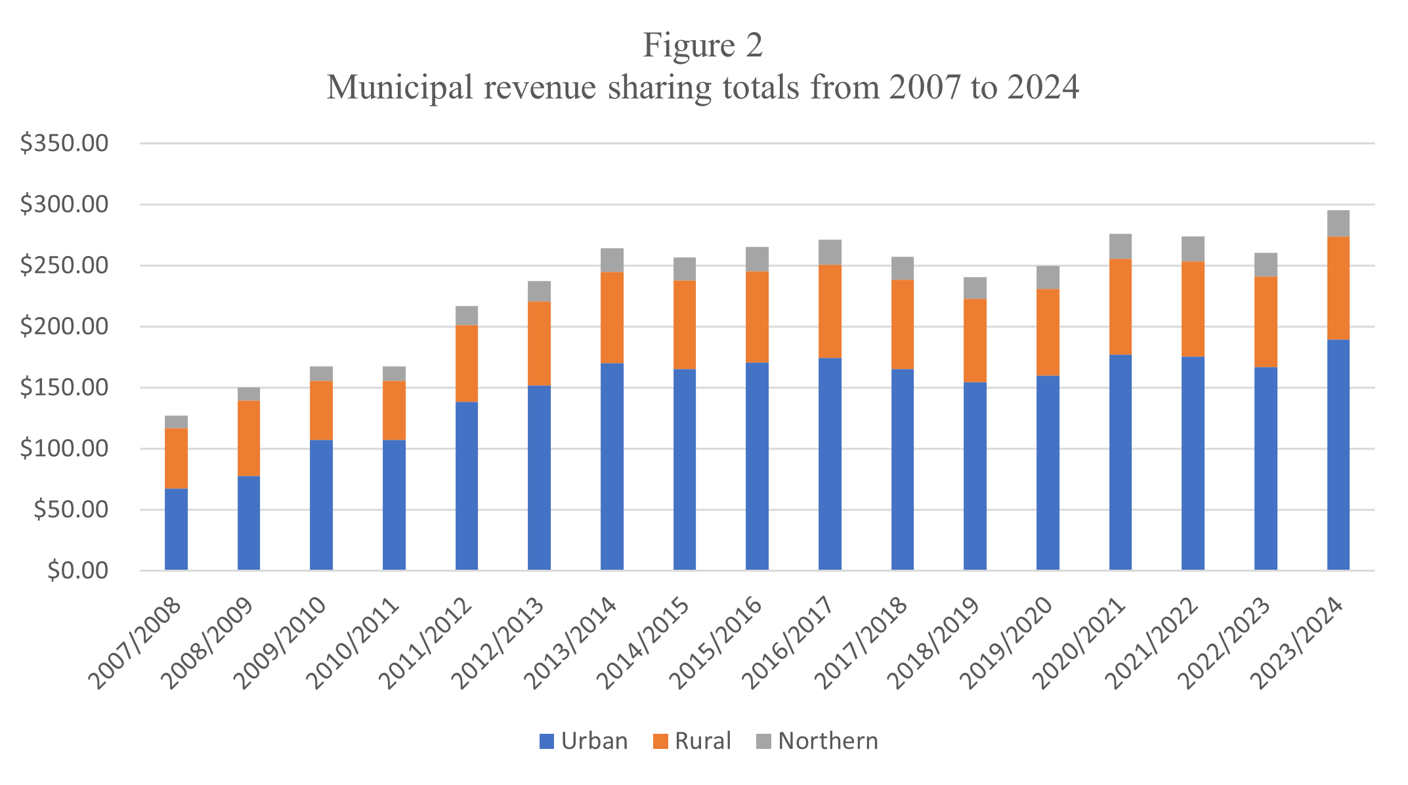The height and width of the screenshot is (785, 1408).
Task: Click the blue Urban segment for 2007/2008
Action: (x=176, y=529)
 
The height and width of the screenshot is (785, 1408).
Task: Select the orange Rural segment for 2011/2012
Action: (x=467, y=364)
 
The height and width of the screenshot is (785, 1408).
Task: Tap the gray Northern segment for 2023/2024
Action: (x=1338, y=224)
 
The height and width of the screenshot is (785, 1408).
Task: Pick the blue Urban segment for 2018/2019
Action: (x=975, y=476)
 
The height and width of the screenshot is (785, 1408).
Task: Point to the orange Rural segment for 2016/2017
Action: (x=830, y=312)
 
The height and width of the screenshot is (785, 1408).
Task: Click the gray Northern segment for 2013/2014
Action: (x=612, y=261)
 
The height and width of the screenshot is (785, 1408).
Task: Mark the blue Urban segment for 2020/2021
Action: (x=1120, y=462)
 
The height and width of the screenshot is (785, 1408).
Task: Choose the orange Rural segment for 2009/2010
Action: (x=321, y=410)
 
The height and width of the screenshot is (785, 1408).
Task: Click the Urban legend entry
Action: (x=583, y=741)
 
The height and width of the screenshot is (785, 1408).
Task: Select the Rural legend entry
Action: (x=692, y=741)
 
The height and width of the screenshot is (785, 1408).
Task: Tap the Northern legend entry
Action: (x=817, y=741)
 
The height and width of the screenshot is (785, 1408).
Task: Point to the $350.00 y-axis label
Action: (x=64, y=143)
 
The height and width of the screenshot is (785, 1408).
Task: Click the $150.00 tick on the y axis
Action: (x=64, y=388)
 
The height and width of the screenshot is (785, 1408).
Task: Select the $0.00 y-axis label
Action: (x=77, y=571)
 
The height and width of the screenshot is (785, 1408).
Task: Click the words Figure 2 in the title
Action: (x=702, y=46)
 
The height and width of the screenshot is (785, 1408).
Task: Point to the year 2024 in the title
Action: (x=1043, y=87)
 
